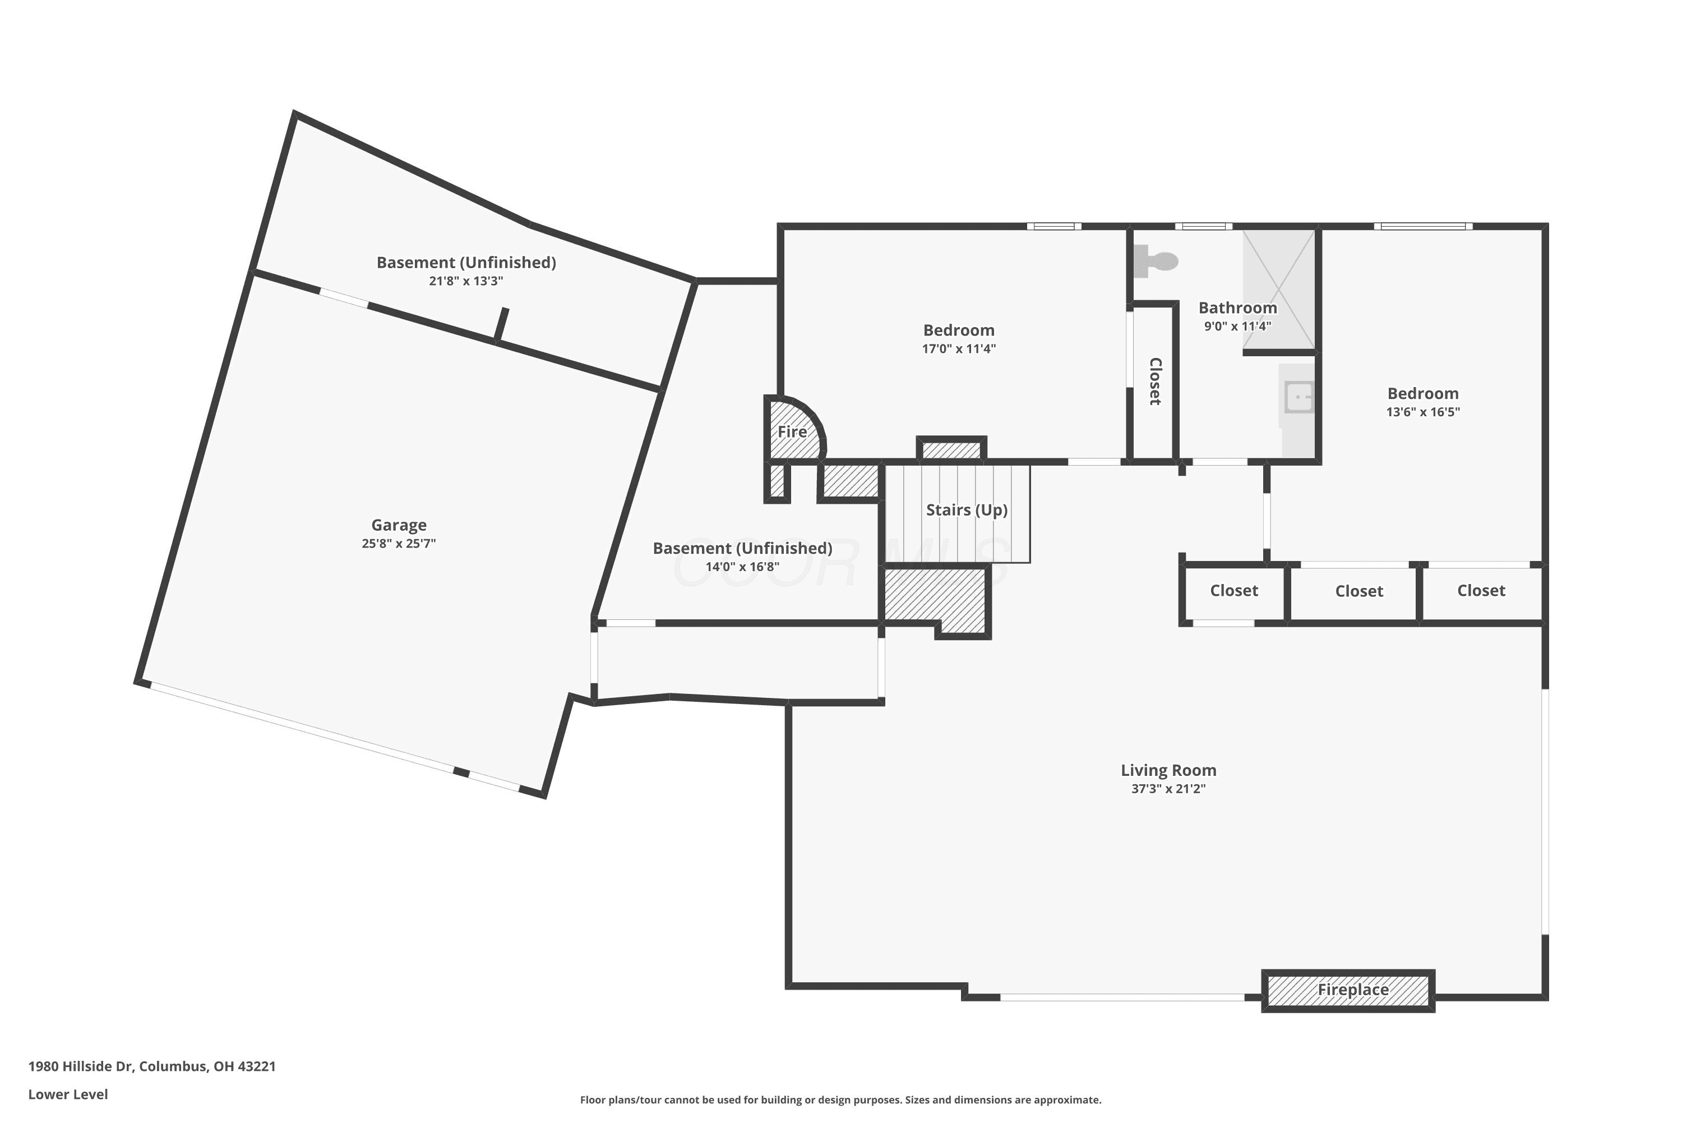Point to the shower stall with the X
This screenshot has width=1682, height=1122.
tap(1279, 289)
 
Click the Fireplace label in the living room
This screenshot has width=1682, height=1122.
tap(1353, 990)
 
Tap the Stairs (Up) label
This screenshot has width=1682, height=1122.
tap(966, 510)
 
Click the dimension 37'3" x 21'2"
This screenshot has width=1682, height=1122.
tap(1168, 789)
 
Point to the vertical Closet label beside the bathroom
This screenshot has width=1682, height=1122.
tap(1155, 381)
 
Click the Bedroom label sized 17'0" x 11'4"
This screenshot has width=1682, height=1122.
tap(958, 330)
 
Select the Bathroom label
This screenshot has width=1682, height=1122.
tap(1237, 307)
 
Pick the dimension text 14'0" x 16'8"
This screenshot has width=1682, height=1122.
tap(742, 567)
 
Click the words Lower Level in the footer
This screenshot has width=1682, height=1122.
tap(68, 1094)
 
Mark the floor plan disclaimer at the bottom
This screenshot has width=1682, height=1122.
tap(840, 1100)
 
